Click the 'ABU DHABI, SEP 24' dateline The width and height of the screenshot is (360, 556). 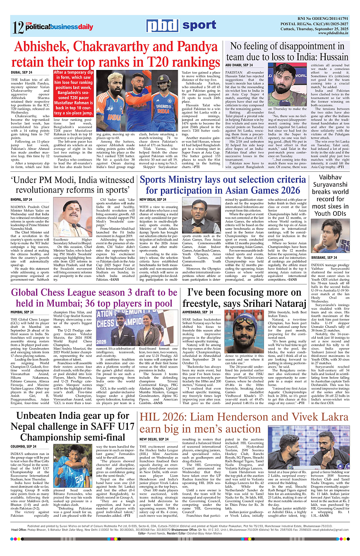[239, 65]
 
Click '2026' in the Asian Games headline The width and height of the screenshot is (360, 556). [285, 190]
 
